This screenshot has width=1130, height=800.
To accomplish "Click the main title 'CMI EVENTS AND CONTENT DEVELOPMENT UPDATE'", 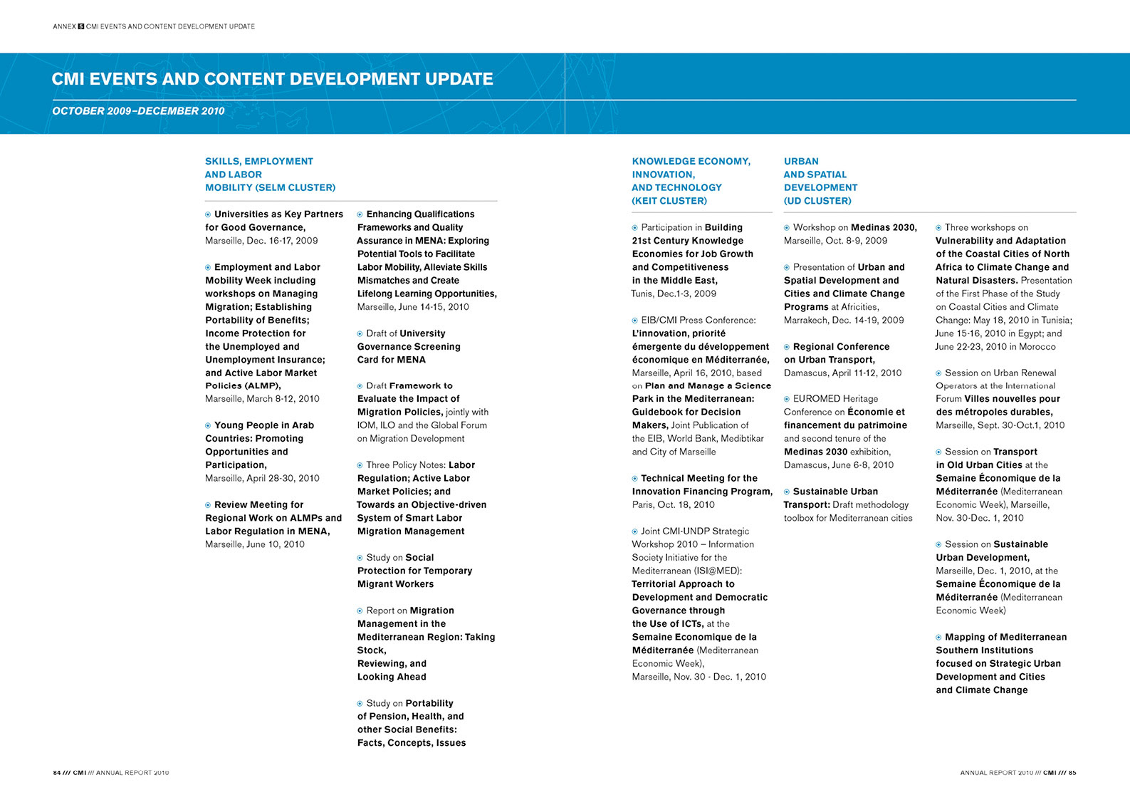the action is coord(273,79).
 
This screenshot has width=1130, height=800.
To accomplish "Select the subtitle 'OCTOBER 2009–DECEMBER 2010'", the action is coord(138,111).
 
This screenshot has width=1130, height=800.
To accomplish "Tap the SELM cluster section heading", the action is coord(270,174).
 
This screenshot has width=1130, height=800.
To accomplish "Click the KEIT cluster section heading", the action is coord(691,181).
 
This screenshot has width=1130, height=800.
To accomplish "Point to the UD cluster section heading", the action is coord(820,181).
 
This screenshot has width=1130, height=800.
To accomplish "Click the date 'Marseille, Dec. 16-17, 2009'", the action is coord(261,241).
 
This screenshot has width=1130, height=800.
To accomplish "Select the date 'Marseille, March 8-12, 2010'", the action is coord(262,399).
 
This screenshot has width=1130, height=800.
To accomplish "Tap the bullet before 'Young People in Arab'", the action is coord(208,425).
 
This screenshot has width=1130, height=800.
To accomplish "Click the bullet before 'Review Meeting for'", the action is coord(208,505).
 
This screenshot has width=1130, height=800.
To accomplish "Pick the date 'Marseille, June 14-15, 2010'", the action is coord(413,307).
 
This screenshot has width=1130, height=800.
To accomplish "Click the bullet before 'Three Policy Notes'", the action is coord(360,465).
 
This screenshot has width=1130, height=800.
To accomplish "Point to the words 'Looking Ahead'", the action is coord(392,677).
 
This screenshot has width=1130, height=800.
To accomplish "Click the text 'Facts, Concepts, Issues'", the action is coord(412,743).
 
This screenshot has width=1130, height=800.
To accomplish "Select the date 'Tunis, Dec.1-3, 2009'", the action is coord(674,293).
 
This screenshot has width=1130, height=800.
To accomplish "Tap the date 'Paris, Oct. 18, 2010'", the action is coord(673,505).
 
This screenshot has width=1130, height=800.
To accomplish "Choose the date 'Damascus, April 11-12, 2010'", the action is coord(842,373).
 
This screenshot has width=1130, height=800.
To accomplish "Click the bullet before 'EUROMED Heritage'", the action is coord(787,399).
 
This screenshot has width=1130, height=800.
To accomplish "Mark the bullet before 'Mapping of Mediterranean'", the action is coord(938,638).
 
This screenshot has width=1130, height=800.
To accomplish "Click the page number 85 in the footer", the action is coord(1072,773).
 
